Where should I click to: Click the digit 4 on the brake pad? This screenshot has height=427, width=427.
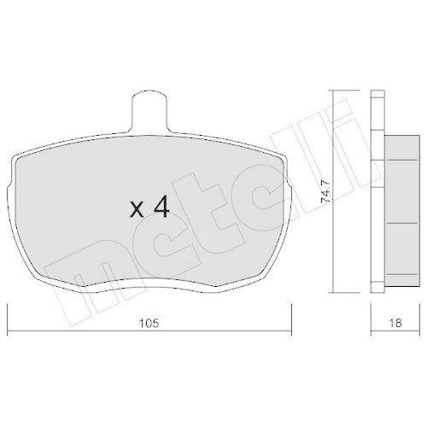[160, 207]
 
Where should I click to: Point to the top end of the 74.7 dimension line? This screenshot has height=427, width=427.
[335, 91]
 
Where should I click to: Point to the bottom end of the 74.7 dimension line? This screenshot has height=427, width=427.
[335, 290]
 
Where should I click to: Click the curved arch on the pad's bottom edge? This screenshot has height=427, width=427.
[149, 275]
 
